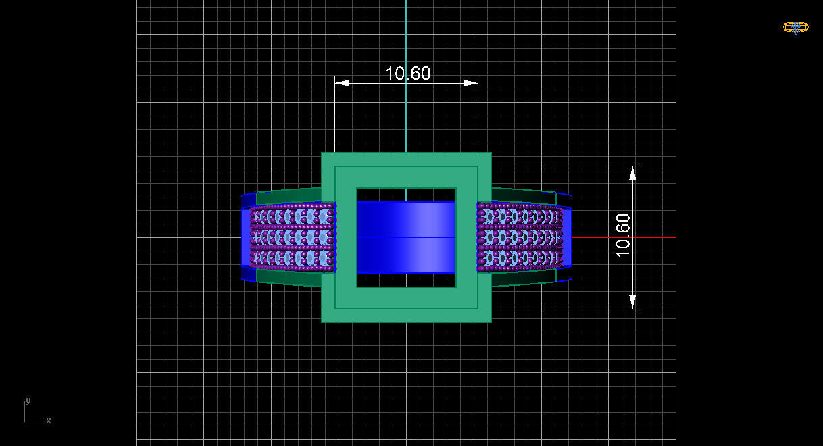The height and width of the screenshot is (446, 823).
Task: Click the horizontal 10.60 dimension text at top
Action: tap(407, 73)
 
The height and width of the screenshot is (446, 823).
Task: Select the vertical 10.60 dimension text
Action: tap(623, 235)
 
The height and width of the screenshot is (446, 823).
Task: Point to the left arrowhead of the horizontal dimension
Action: tap(342, 83)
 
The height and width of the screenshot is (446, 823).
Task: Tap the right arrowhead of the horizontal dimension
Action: tap(471, 83)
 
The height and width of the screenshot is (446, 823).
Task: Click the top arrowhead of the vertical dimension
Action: tap(633, 173)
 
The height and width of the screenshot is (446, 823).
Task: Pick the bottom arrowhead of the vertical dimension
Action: tap(633, 301)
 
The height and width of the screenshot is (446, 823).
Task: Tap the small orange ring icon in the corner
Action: tap(795, 28)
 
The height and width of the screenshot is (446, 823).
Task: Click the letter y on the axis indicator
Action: tap(28, 401)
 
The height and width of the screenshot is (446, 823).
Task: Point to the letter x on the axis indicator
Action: tap(49, 420)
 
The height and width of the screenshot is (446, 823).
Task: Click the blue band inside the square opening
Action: tap(406, 237)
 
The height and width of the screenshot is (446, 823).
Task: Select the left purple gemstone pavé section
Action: tap(293, 237)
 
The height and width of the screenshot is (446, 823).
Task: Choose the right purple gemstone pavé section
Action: tap(519, 237)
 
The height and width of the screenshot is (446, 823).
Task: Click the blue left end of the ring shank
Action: tap(245, 237)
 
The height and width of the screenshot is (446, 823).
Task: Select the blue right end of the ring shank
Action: tap(567, 237)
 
